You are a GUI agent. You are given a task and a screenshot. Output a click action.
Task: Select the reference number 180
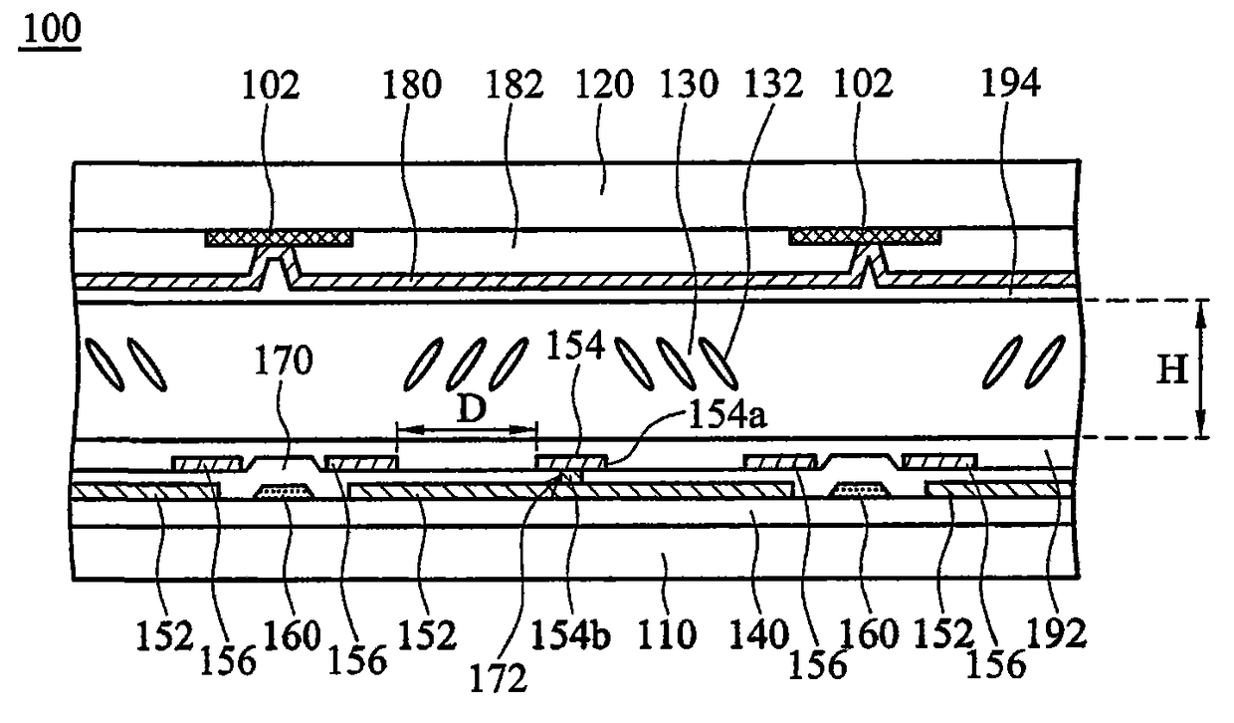tap(411, 87)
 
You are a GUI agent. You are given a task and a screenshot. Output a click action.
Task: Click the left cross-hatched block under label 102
tap(280, 239)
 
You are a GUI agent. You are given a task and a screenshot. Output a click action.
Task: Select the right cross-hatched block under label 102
tap(864, 237)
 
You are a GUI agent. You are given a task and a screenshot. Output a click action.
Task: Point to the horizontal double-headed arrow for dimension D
tap(466, 431)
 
